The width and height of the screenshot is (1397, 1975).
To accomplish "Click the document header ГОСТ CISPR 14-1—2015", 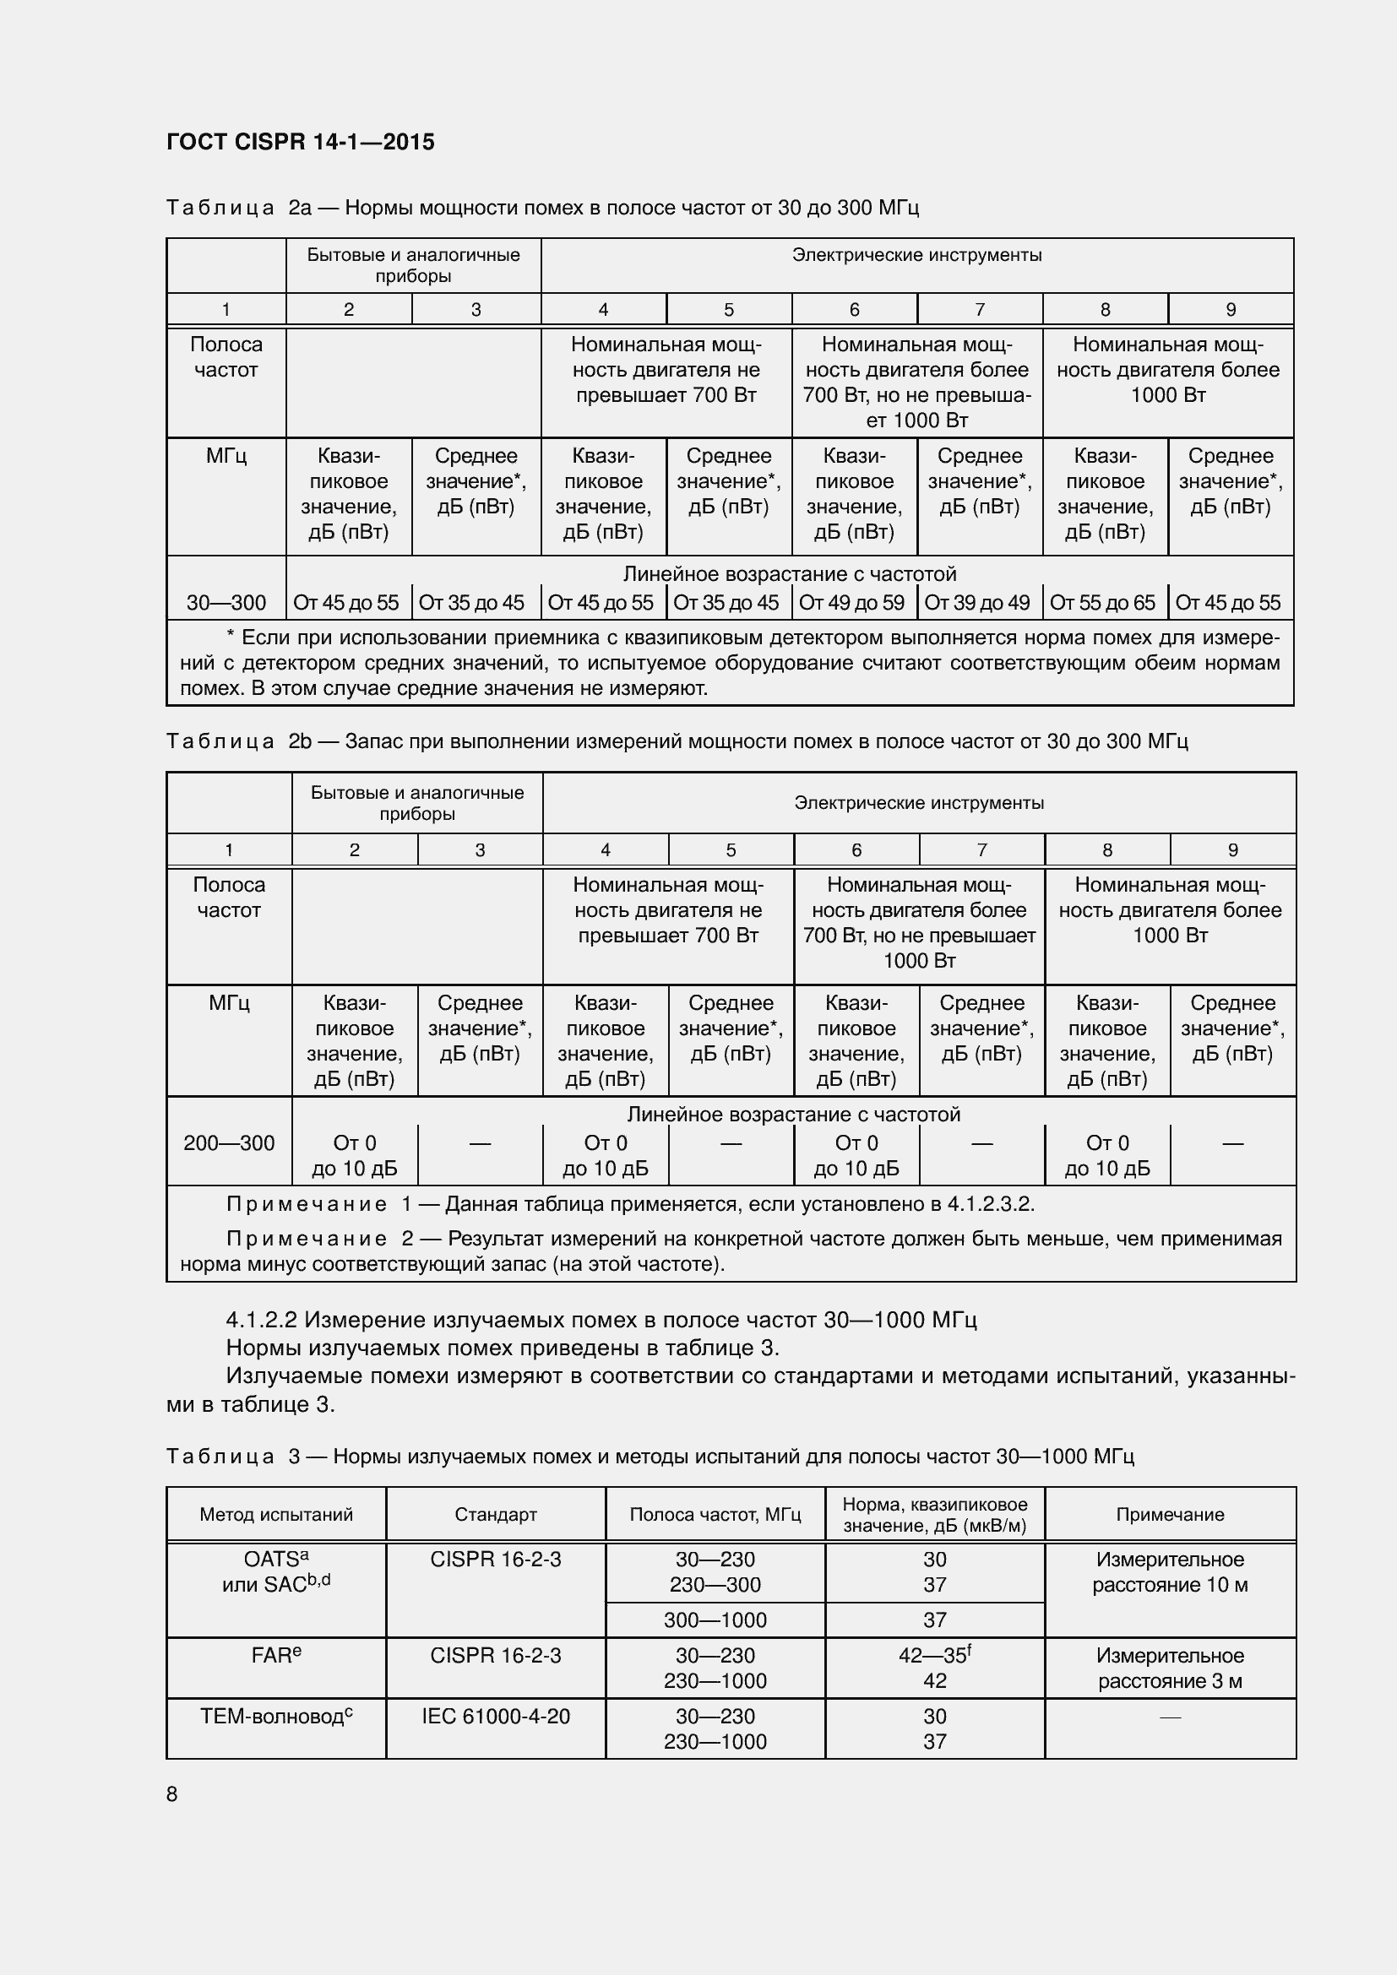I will (300, 142).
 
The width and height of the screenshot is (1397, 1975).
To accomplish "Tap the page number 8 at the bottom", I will (172, 1793).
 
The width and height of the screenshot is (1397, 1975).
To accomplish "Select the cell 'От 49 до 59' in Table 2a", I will (851, 603).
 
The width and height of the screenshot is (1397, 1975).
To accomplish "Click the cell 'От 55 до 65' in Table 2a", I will (1103, 603).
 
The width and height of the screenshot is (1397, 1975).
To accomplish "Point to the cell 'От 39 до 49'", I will (977, 603).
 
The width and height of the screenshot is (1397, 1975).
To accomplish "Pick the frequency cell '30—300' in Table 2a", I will (226, 603).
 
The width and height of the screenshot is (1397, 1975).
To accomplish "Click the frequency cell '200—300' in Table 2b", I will (229, 1143).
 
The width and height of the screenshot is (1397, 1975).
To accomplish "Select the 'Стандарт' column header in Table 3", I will (496, 1514).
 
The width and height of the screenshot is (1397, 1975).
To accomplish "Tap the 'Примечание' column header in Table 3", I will (1170, 1514).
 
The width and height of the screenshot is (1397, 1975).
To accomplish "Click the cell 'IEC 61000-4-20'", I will (496, 1716).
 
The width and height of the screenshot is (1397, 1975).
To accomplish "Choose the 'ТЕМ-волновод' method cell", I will (276, 1716).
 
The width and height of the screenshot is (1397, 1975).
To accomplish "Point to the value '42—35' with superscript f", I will (934, 1655).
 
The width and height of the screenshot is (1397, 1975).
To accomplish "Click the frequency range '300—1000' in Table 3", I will (715, 1620).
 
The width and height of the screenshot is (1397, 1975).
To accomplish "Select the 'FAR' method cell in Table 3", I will (276, 1655).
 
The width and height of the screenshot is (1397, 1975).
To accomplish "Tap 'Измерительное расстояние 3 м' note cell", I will (1170, 1668).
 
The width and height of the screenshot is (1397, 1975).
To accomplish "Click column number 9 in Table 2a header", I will (1230, 310).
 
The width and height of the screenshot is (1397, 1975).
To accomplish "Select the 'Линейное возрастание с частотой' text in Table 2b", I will (793, 1115).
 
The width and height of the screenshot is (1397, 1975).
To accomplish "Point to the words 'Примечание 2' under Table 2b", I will (319, 1239).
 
